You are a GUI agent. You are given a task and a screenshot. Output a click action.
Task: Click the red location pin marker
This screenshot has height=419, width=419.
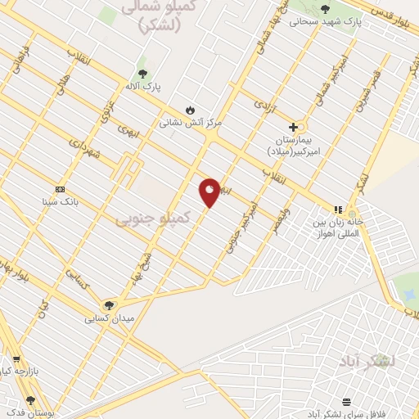coord(209,191)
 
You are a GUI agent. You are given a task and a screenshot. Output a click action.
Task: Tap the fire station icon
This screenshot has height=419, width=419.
coord(190,110)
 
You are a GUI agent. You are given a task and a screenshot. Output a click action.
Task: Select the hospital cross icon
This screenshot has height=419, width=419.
coord(293,127)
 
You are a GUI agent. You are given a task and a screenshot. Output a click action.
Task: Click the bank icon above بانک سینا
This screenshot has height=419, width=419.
coord(60,188)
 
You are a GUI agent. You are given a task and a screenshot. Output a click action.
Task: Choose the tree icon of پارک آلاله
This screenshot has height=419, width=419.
coord(142,74)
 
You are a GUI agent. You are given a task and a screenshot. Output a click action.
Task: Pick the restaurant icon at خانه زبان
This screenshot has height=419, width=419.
coord(339,209)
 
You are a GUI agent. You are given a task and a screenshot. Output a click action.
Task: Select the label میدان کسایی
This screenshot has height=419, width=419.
coord(109,318)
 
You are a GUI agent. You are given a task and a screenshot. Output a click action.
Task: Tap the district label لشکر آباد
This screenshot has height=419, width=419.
coord(370,360)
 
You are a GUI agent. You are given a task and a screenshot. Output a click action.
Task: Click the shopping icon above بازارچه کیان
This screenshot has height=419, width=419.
coord(16,358)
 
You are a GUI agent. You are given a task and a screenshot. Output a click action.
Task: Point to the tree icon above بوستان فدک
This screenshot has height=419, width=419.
coord(31,400)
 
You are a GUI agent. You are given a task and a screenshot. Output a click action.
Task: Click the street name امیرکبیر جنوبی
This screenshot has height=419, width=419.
coord(243,225)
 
